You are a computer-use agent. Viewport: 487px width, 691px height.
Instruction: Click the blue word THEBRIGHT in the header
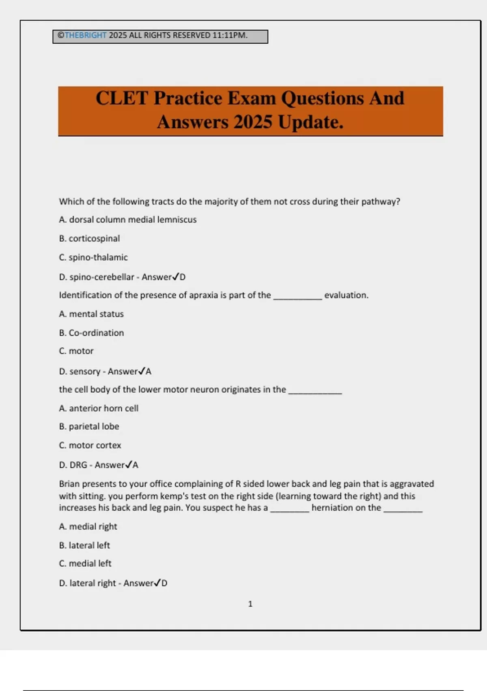(x=85, y=35)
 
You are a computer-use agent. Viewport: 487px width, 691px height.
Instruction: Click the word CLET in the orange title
(x=122, y=98)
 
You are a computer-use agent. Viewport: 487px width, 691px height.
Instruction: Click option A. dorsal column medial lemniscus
(x=128, y=219)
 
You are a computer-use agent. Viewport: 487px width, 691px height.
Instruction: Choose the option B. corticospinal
(x=89, y=239)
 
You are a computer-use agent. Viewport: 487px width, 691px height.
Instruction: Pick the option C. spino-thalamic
(x=93, y=257)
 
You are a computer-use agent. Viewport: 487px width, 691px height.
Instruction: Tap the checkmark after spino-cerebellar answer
(x=175, y=277)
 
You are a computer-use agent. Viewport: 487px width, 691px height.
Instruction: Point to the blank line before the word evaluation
(x=297, y=297)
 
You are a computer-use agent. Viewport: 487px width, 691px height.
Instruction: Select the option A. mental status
(x=91, y=314)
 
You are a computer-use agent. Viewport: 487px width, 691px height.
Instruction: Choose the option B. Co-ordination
(x=91, y=333)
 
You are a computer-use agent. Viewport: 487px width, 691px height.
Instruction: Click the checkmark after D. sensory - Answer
(x=141, y=371)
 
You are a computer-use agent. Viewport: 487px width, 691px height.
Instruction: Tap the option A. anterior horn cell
(x=99, y=408)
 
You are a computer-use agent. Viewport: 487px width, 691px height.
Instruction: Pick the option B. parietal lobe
(x=89, y=426)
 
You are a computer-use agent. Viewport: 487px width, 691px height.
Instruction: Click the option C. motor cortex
(x=90, y=445)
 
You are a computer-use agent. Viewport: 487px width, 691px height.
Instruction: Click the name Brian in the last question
(x=69, y=484)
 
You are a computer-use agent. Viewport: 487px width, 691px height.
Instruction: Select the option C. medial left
(x=85, y=563)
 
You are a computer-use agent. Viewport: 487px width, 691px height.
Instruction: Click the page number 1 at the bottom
(x=250, y=604)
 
